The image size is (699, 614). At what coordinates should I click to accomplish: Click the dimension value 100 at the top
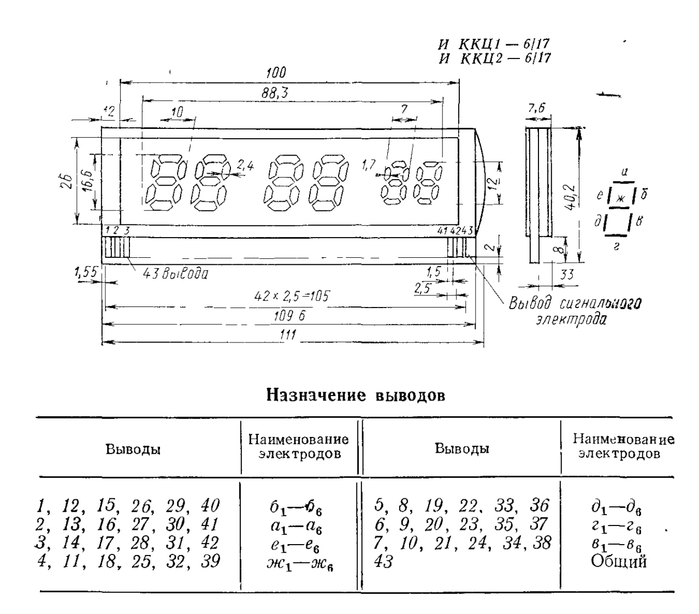point(276,73)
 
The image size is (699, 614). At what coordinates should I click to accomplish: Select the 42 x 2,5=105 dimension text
point(292,296)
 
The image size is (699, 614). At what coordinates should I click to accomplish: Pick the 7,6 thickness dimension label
point(536,109)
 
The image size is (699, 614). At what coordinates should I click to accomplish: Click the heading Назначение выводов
point(356,395)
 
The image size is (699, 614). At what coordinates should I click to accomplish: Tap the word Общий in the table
point(619,561)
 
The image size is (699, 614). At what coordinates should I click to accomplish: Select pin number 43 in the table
point(383,562)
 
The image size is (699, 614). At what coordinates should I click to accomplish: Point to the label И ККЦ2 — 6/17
point(495,58)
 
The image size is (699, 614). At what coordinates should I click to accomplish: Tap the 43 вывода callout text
point(175,273)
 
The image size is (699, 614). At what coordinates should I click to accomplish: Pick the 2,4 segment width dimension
point(246,166)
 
